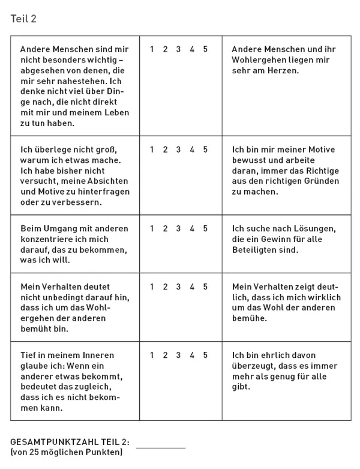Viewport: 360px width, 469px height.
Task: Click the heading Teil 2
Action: tap(23, 19)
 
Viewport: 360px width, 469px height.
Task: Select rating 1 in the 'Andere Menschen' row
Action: tap(152, 49)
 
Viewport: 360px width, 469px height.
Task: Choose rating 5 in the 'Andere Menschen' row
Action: tap(205, 49)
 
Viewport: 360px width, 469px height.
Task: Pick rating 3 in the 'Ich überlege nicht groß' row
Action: tap(178, 150)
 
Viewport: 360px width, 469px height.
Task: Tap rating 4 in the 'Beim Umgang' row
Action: tap(192, 228)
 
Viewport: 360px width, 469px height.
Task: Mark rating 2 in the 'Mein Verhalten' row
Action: tap(165, 287)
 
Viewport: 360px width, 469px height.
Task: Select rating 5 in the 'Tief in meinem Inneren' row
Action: tap(205, 356)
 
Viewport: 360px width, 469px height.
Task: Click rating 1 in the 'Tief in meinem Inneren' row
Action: tap(152, 356)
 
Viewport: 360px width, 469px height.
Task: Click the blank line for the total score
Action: tap(161, 447)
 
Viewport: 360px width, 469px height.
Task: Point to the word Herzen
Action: tap(283, 71)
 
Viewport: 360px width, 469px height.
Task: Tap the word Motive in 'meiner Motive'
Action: tap(321, 150)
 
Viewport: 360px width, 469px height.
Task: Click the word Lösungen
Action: tap(314, 228)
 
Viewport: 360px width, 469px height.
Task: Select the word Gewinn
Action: tap(281, 239)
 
